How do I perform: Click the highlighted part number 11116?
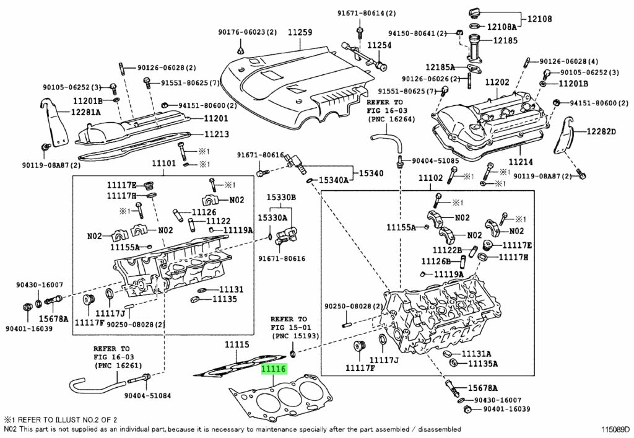pos(273,370)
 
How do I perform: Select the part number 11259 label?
pos(299,32)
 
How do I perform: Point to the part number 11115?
pos(237,344)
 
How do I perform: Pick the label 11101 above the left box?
pos(164,164)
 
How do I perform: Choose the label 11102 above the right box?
pos(431,178)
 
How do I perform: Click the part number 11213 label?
pos(213,134)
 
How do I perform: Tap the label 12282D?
pos(601,131)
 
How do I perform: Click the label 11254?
pos(379,45)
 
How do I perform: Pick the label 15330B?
pos(281,197)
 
